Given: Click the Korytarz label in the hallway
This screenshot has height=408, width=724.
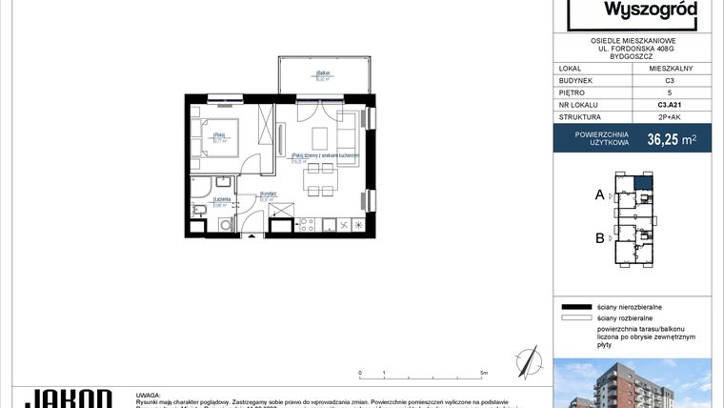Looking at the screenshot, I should pos(267,194).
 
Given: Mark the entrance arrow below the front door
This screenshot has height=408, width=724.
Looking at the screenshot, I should pos(251,235).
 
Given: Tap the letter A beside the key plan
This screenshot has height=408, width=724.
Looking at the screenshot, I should pos(600,194).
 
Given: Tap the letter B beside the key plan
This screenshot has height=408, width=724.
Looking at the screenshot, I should pos(600,238).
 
